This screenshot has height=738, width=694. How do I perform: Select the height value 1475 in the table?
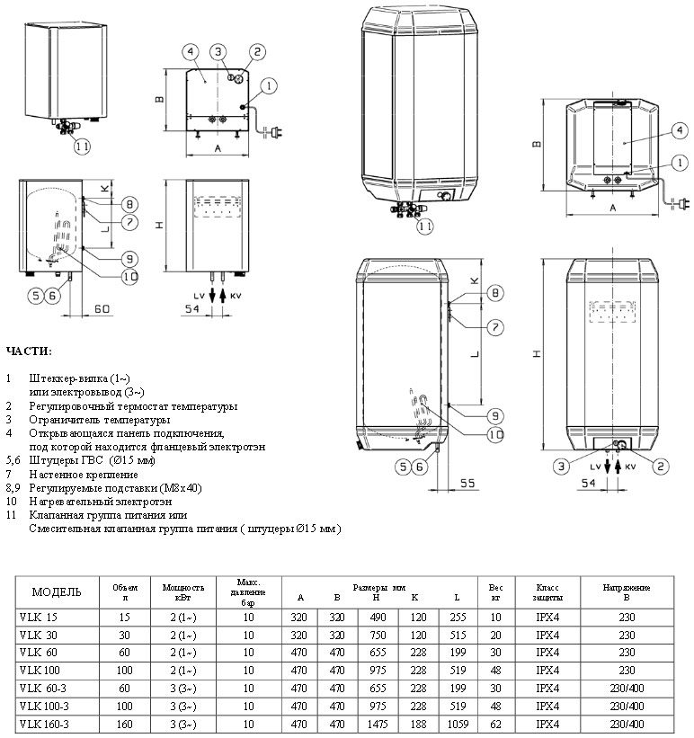378,724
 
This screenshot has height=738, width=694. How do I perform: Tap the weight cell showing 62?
495,724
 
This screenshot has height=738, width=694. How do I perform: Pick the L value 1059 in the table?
458,724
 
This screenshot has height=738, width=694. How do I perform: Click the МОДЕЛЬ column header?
57,592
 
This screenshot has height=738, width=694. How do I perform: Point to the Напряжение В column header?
627,592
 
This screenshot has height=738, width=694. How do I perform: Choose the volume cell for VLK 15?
124,617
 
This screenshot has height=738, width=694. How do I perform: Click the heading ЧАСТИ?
29,351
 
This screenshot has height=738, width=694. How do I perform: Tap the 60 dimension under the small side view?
102,308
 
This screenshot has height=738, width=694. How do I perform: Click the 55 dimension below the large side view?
467,483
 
